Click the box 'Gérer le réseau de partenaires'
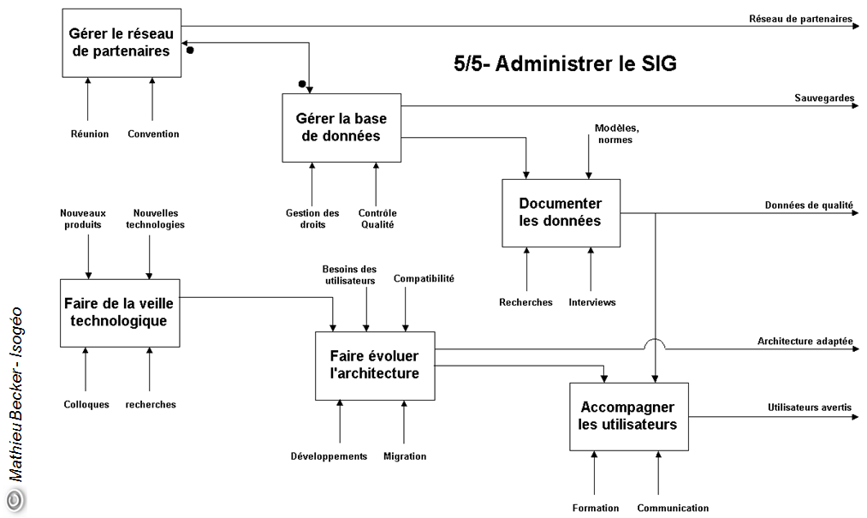click(122, 43)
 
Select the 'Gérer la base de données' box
click(341, 128)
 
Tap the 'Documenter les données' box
click(561, 212)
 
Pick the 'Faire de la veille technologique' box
click(120, 313)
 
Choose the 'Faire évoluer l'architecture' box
click(375, 366)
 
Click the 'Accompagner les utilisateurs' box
click(629, 416)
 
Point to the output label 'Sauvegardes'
click(824, 98)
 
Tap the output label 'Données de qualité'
click(809, 205)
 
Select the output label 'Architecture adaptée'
click(805, 341)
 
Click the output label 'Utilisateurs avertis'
click(809, 408)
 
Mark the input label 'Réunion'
click(90, 134)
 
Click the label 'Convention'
click(153, 134)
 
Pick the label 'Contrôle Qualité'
click(377, 219)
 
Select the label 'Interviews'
click(592, 302)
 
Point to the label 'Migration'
click(405, 456)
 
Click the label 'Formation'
click(596, 508)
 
